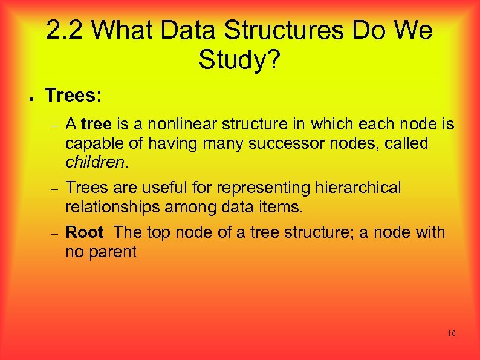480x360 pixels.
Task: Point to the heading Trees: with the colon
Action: coord(74,95)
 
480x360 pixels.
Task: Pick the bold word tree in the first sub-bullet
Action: coord(96,125)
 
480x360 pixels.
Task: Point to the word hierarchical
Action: coord(358,188)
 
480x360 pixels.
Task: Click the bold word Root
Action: coord(85,232)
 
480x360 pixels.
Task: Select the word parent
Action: coord(113,252)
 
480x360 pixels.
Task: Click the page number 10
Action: coord(451,333)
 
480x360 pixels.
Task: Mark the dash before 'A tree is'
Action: coord(53,126)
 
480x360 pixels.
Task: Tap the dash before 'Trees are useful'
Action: coord(53,189)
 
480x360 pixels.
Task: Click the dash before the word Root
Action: coord(53,234)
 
